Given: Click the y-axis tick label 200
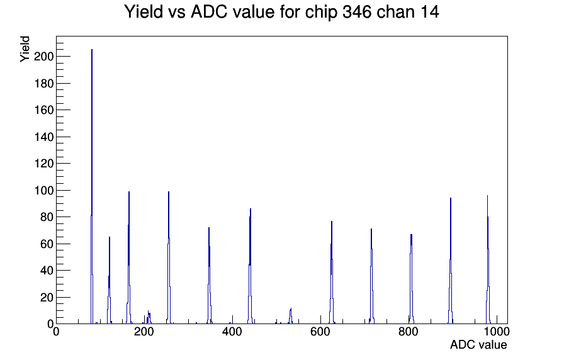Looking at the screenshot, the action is [x=43, y=57].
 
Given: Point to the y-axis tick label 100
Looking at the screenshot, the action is [x=43, y=190].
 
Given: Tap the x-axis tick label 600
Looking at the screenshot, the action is [x=320, y=332].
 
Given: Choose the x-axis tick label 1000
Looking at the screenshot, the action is [x=497, y=332].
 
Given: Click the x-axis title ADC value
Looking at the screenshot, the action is [x=478, y=345].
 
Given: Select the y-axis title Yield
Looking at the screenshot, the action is [x=25, y=49].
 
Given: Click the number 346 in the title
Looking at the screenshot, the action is [x=357, y=12].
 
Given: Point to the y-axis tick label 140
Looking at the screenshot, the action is [x=43, y=137].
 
